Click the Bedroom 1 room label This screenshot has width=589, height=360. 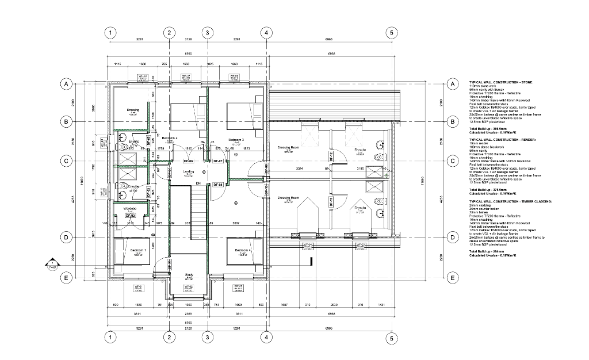click(x=138, y=250)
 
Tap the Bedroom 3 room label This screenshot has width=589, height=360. click(x=236, y=140)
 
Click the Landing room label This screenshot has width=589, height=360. click(x=188, y=171)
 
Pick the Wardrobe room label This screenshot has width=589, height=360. click(x=130, y=208)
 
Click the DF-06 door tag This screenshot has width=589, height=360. click(x=188, y=162)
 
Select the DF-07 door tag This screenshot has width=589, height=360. click(x=218, y=162)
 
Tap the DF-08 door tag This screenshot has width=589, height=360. click(x=218, y=184)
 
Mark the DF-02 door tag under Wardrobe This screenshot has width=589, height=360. click(x=130, y=215)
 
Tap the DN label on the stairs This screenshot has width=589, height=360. click(x=198, y=183)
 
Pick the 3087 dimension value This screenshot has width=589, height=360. click(x=236, y=223)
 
